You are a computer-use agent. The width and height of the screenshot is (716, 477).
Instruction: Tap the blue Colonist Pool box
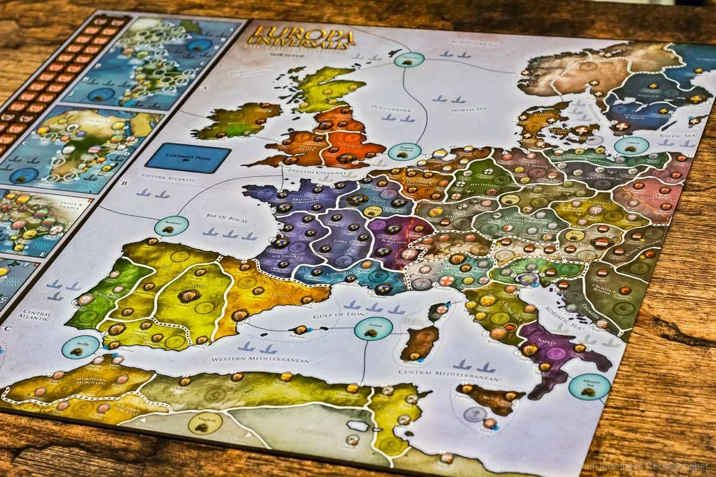click(x=188, y=159)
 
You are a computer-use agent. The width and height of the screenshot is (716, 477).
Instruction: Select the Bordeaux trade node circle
click(x=171, y=225)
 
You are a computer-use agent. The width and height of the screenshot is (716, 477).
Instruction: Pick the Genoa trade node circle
click(x=374, y=329)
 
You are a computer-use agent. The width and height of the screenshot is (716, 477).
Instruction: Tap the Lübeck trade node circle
click(x=631, y=145)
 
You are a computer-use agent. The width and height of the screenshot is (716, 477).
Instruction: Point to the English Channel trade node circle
click(x=405, y=151)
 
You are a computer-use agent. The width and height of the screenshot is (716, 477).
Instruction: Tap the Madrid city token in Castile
click(x=188, y=296)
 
